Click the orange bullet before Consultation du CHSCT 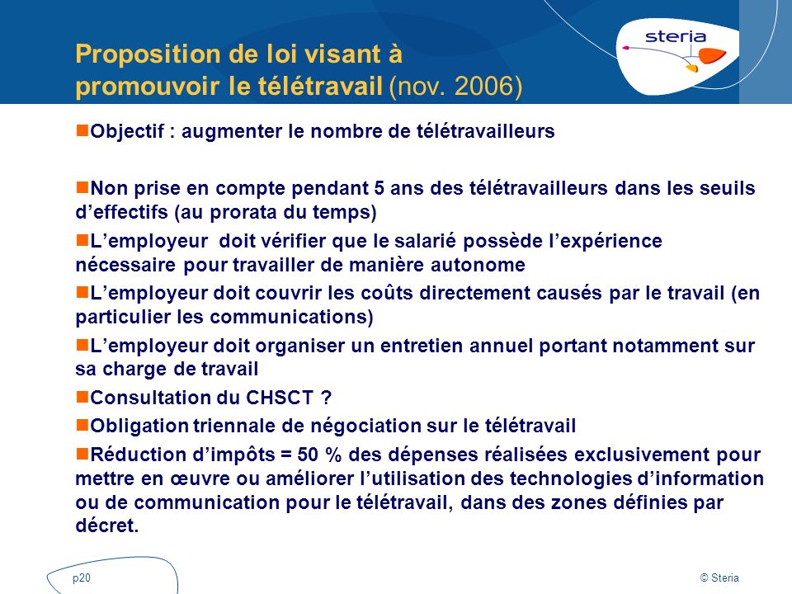click(x=82, y=397)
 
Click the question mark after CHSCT click(x=325, y=398)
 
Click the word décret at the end click(x=104, y=526)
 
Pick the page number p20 click(x=81, y=579)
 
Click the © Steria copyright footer click(x=719, y=579)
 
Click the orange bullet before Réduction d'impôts click(x=82, y=454)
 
